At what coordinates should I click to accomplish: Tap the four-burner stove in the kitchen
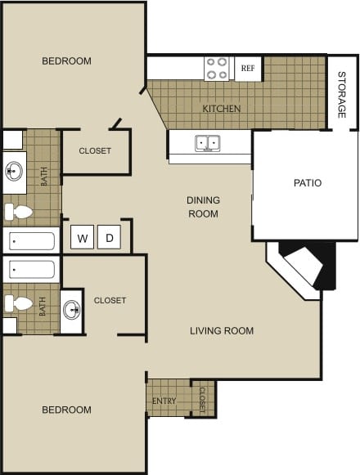(x=217, y=68)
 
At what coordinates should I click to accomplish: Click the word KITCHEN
(x=222, y=109)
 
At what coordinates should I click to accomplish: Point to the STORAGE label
(x=342, y=95)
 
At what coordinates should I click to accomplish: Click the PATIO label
(x=308, y=183)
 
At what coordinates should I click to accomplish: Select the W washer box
(x=83, y=239)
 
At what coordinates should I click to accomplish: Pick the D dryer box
(x=109, y=239)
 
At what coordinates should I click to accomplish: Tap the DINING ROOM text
(x=203, y=207)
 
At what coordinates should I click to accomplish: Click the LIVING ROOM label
(x=222, y=331)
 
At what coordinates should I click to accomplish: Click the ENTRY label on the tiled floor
(x=164, y=401)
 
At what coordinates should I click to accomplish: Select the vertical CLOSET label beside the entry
(x=202, y=399)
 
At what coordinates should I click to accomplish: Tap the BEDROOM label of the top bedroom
(x=67, y=61)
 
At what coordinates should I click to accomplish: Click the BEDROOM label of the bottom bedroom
(x=67, y=410)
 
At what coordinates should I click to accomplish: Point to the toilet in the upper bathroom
(x=18, y=213)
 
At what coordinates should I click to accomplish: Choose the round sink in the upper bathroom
(x=14, y=172)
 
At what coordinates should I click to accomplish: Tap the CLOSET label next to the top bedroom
(x=95, y=151)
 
